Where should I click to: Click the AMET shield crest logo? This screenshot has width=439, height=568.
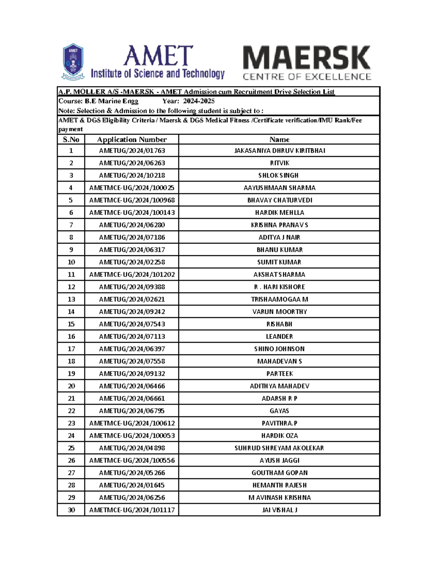tap(73, 61)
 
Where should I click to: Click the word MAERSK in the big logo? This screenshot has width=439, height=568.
tap(307, 58)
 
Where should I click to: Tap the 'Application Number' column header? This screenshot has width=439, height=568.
tap(132, 139)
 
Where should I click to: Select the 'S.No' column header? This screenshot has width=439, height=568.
tap(71, 139)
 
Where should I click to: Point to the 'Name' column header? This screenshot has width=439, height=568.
tap(279, 139)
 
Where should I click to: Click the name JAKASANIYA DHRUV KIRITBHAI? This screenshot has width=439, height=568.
tap(279, 151)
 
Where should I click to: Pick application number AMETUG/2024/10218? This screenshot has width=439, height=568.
tap(132, 176)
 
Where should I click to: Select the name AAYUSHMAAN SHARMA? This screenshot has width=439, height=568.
tap(279, 188)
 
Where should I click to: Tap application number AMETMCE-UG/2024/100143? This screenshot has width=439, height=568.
tap(132, 212)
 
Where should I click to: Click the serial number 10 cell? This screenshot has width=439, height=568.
tap(71, 262)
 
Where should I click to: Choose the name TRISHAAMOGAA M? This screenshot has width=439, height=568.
tap(279, 300)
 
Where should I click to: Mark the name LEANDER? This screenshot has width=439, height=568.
tap(279, 336)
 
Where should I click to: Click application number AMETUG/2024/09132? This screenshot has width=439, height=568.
tap(132, 374)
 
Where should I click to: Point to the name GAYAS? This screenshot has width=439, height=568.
tap(279, 411)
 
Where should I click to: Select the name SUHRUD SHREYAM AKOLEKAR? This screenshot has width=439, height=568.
tap(279, 448)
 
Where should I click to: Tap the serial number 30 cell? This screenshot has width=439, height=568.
tap(71, 510)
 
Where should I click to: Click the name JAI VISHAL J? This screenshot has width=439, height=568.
tap(279, 510)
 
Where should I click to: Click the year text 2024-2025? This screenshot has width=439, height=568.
tap(199, 101)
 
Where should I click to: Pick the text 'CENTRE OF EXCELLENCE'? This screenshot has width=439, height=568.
tap(307, 77)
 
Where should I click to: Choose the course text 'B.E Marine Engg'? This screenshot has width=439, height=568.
tap(112, 101)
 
